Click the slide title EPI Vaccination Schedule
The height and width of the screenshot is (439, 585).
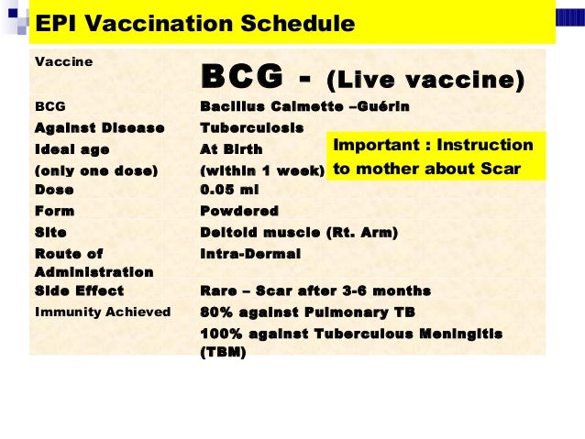[194, 24]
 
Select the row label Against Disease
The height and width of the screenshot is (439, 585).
[99, 127]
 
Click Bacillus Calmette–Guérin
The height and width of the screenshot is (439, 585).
[304, 107]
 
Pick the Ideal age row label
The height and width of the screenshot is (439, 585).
[72, 148]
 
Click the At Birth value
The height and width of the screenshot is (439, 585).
[231, 148]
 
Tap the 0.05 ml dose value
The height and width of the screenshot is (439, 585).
[226, 190]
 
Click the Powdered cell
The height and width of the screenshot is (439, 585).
[238, 211]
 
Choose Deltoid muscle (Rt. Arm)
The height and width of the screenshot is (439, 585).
[298, 233]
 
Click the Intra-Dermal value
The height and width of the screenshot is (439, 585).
[249, 253]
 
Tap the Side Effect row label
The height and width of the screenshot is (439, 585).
[79, 291]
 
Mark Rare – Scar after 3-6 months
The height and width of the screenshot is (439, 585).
[315, 291]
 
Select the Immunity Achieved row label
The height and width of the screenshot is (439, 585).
[102, 313]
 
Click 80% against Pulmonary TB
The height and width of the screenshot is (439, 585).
[307, 313]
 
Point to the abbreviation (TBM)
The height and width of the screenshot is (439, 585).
[223, 351]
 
